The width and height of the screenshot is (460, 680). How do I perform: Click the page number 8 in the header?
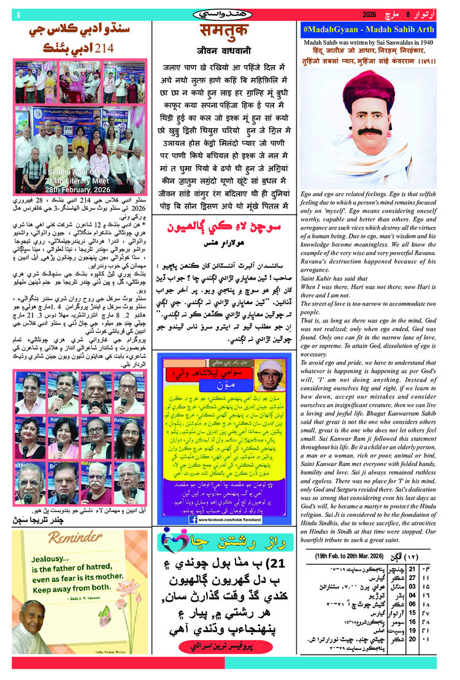point(19,13)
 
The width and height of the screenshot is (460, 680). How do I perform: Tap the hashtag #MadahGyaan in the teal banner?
point(335,29)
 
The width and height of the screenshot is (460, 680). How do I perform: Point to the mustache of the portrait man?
point(369,131)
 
